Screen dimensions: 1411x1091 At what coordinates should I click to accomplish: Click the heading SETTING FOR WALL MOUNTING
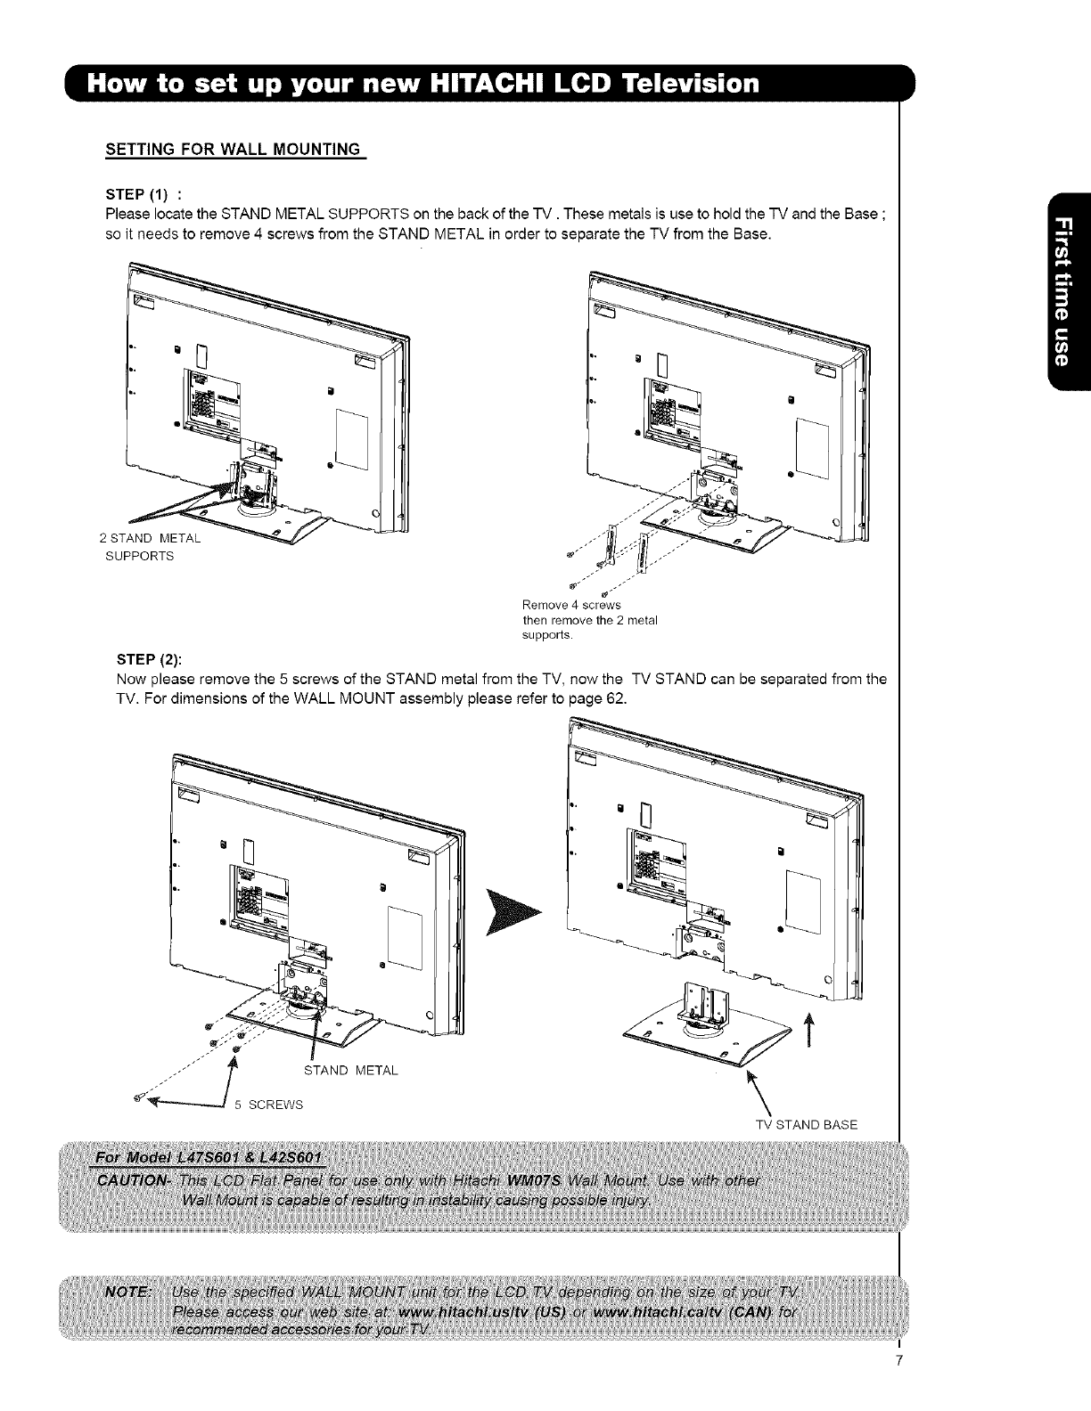click(x=234, y=148)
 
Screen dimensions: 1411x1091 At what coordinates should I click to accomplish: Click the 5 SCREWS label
click(x=268, y=1105)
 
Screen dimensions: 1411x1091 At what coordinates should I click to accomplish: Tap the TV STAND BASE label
click(x=806, y=1124)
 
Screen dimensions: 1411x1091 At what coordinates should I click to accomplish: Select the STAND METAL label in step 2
click(x=350, y=1070)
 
